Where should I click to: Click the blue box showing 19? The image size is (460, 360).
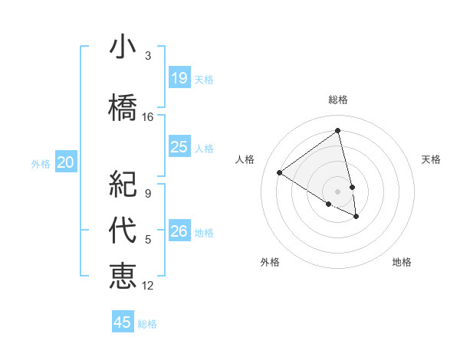click(179, 78)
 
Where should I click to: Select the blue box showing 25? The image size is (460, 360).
click(179, 147)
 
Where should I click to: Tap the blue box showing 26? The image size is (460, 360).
click(179, 231)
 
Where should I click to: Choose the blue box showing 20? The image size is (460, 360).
click(66, 162)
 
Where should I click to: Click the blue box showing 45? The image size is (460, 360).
click(123, 322)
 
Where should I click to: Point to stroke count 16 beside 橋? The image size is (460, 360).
click(148, 117)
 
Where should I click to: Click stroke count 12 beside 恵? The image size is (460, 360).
click(148, 286)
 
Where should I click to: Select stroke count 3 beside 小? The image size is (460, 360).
click(148, 56)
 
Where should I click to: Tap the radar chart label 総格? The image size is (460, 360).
click(338, 100)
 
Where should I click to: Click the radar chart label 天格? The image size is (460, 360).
click(431, 159)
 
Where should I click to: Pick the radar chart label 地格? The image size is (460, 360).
click(402, 262)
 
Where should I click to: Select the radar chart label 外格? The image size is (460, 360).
click(270, 262)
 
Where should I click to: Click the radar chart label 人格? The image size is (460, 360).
click(245, 159)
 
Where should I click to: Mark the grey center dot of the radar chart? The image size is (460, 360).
click(338, 191)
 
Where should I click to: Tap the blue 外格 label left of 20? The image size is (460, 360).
click(41, 163)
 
